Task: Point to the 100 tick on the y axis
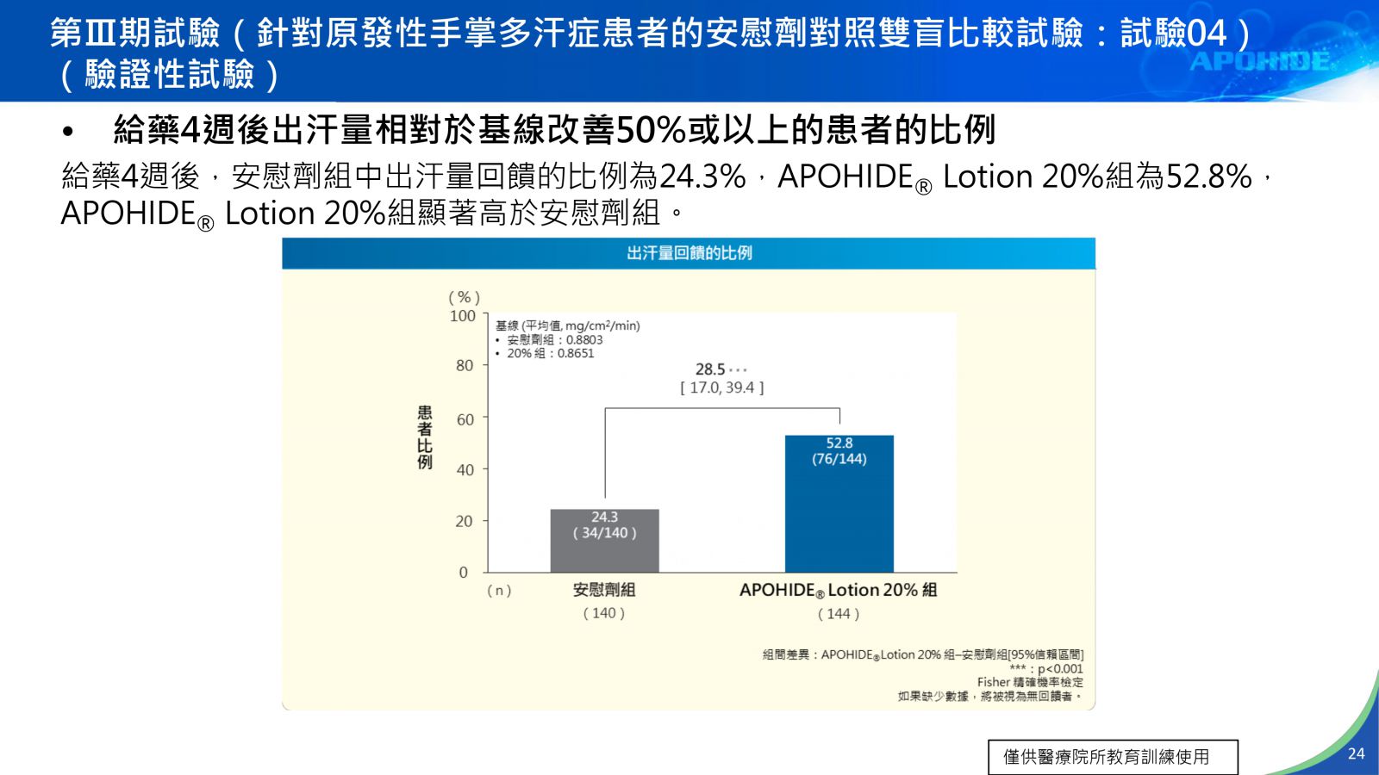(x=463, y=316)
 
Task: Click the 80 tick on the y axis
(x=465, y=366)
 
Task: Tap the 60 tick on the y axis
(x=465, y=419)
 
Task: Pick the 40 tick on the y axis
(x=465, y=470)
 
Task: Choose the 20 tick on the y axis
(x=465, y=521)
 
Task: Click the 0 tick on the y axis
(x=464, y=573)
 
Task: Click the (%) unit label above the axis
(x=464, y=297)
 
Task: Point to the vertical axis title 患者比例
(x=425, y=437)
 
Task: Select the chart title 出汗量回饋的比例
(x=689, y=253)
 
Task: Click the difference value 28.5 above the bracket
(x=710, y=369)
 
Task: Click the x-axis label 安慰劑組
(x=604, y=590)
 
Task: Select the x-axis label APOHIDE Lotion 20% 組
(x=838, y=590)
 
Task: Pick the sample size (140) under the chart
(x=604, y=613)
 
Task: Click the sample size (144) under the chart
(x=839, y=614)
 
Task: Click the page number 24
(x=1356, y=753)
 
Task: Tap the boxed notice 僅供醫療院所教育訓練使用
(x=1113, y=757)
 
